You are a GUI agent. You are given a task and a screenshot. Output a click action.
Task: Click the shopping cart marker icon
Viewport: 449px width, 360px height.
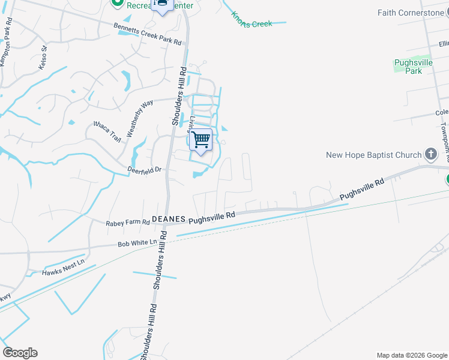(x=201, y=140)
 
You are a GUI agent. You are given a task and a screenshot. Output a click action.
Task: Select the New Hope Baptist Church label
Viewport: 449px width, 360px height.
(x=374, y=155)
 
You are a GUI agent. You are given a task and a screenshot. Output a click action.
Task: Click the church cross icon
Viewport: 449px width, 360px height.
(x=430, y=155)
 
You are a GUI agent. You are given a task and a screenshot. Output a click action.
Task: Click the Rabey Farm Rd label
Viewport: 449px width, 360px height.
(x=128, y=222)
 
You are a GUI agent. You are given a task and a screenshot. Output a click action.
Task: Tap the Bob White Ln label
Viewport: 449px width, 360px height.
(x=137, y=243)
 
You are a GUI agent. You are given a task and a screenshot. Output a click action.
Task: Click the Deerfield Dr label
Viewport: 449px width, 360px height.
(x=145, y=170)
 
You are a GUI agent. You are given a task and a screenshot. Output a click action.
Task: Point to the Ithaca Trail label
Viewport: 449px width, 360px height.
(x=107, y=131)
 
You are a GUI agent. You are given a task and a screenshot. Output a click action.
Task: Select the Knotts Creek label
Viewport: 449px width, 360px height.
(x=252, y=20)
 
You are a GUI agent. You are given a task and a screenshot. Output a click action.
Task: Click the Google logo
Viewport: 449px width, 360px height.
(x=20, y=353)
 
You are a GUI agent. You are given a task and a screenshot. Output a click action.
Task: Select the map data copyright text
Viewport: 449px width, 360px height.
(x=411, y=355)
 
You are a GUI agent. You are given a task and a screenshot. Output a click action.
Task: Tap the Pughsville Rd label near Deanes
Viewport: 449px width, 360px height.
(x=211, y=217)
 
